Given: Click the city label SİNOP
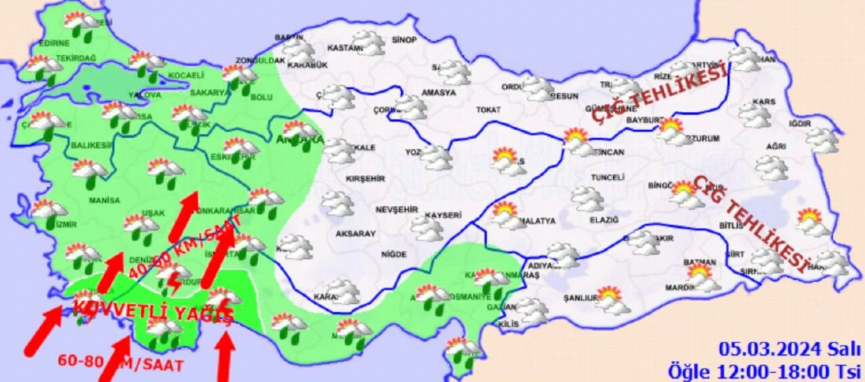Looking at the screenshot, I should (x=404, y=40).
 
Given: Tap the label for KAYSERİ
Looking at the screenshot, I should (x=443, y=216).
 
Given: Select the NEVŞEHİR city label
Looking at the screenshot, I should (x=397, y=210).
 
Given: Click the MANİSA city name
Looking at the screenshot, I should (x=104, y=200).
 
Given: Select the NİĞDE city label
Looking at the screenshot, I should (x=393, y=254).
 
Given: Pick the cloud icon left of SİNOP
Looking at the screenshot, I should (x=368, y=42).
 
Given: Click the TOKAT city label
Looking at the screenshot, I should (x=488, y=110).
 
